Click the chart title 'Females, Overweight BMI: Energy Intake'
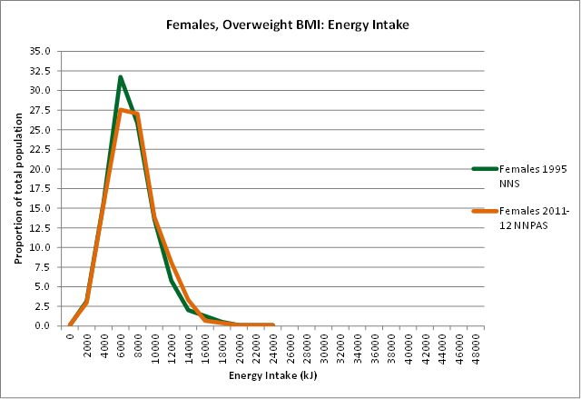coord(289,25)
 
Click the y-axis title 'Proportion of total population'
coord(17,188)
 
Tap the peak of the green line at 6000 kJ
coord(120,77)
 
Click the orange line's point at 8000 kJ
coord(137,114)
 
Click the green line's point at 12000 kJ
coord(171,280)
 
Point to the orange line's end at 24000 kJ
coord(273,324)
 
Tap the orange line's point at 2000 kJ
coord(86,301)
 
